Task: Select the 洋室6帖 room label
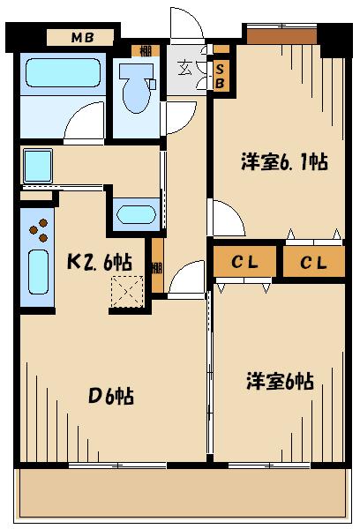click(x=279, y=381)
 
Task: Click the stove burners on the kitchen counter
click(x=39, y=232)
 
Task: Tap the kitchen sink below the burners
click(x=38, y=272)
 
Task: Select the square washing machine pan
click(x=38, y=166)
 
